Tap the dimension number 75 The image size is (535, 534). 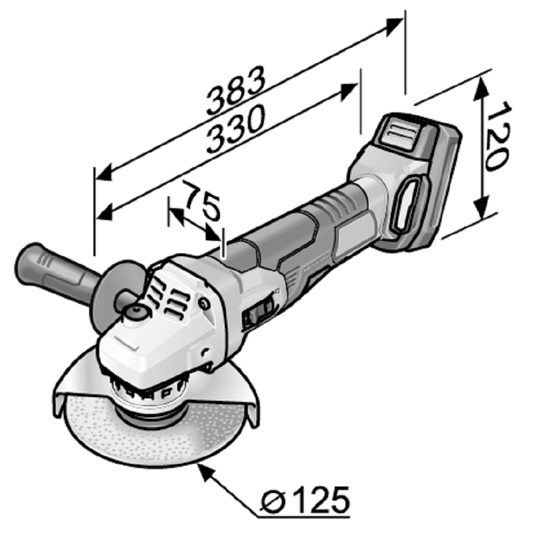(x=202, y=202)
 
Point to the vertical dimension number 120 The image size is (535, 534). (x=499, y=136)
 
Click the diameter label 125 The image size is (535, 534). (x=322, y=501)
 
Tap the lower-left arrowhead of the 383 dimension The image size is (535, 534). (x=103, y=173)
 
